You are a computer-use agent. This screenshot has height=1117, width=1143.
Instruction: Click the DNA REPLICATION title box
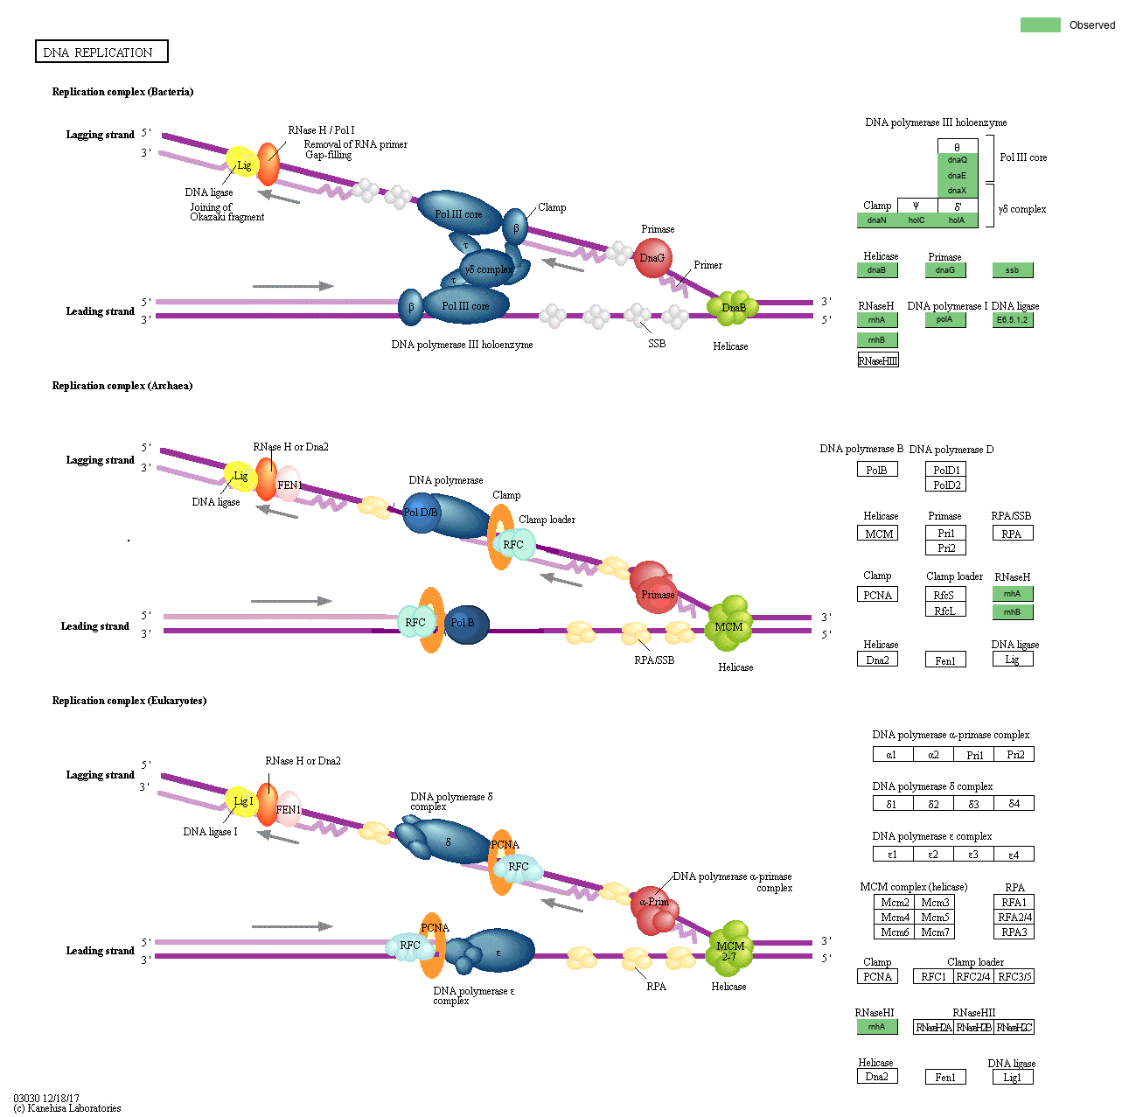(101, 52)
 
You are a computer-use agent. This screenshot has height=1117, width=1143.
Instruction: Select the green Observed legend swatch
(1040, 24)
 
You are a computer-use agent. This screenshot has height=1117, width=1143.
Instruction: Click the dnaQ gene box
(958, 160)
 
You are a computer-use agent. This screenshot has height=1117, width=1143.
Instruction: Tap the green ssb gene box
(1012, 270)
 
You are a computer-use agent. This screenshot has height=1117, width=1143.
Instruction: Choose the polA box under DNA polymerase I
(944, 320)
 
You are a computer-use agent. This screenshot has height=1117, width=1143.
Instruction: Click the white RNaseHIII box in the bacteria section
(878, 360)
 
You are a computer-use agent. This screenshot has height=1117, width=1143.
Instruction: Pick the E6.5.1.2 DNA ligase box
(1012, 320)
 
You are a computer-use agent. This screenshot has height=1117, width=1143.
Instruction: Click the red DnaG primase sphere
(652, 258)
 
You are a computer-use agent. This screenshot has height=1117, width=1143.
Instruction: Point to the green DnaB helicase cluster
(732, 307)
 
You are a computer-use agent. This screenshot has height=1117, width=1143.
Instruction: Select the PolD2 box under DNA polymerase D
(946, 485)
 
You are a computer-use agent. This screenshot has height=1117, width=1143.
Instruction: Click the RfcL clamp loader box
(944, 611)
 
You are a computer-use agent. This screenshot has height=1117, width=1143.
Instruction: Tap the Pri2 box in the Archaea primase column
(946, 548)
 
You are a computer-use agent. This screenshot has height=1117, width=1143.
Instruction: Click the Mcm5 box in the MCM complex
(935, 918)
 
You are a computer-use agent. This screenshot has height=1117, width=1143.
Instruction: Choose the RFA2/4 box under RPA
(1014, 918)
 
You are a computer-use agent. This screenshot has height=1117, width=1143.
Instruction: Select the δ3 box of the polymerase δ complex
(973, 804)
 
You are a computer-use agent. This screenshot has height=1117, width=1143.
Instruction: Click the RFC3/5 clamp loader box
(1014, 977)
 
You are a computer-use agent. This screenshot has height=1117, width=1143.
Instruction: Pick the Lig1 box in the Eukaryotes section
(1012, 1078)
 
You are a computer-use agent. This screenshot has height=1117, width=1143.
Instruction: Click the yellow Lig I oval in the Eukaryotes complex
(242, 801)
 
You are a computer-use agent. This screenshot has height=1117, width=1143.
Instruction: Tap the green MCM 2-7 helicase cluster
(729, 951)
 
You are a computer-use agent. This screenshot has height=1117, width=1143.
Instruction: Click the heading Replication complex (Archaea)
(122, 386)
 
